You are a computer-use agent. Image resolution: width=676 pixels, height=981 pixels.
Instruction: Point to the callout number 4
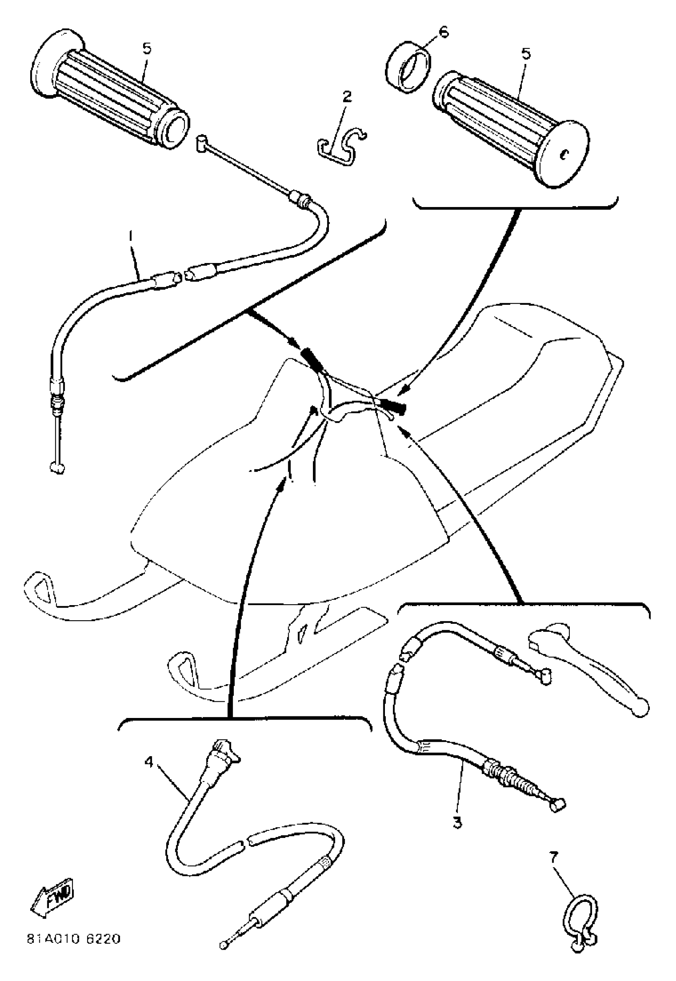148,761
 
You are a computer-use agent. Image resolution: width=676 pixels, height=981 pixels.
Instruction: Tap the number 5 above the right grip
526,54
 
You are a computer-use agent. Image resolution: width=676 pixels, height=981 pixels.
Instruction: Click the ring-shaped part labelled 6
408,67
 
